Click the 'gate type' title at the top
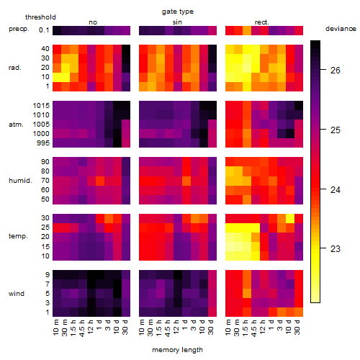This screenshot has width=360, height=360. coord(178,12)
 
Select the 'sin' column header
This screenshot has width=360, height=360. coord(177,22)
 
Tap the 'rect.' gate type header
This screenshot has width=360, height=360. coord(261,22)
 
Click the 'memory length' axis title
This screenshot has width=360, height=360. coord(177,350)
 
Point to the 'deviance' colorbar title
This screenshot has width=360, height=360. coord(341,29)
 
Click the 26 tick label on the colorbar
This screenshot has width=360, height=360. coord(335,71)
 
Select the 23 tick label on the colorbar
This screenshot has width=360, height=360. coord(335,248)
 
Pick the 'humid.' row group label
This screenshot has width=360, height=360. coord(20,181)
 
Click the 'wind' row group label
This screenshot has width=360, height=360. coord(17,294)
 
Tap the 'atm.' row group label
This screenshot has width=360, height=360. coord(16,125)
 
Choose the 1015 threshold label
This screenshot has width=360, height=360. coord(41,106)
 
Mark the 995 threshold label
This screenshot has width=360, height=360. coord(43,143)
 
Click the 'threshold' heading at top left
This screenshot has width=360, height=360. coord(40,17)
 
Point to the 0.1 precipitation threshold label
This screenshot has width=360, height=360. coord(44,30)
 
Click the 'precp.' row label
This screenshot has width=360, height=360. coord(19,29)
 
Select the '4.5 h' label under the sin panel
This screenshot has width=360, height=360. coord(168,328)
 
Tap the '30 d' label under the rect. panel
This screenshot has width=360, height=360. coord(297,327)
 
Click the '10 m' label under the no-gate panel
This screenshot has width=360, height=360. coord(55,328)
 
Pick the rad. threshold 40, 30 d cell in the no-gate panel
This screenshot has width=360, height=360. coord(126,49)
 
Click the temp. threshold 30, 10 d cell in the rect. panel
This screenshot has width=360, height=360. coord(290,218)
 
